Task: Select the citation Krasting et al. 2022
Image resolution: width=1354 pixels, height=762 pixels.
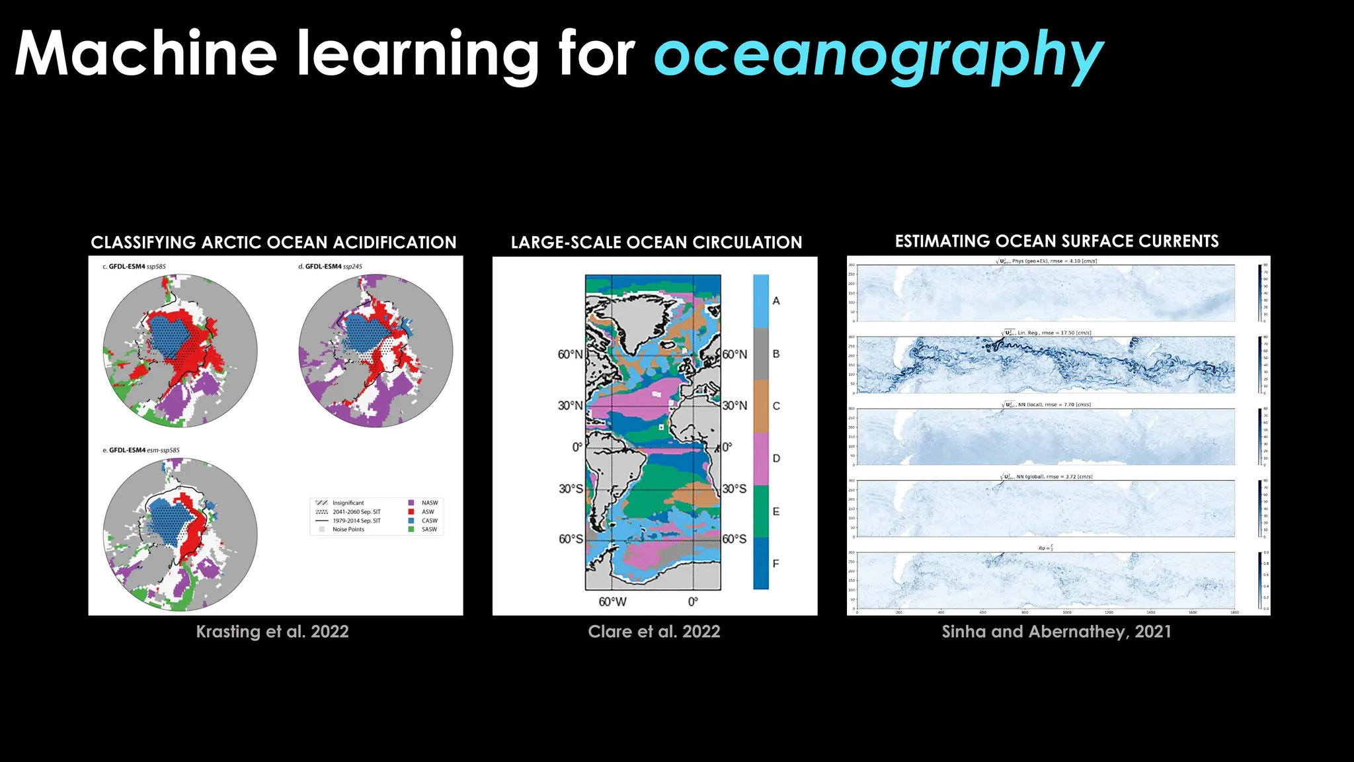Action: tap(272, 632)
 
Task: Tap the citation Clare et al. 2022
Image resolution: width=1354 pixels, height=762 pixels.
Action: tap(654, 632)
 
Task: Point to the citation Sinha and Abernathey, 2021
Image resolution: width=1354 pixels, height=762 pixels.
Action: tap(1056, 632)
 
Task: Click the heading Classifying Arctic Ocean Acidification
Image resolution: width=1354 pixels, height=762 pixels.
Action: tap(274, 243)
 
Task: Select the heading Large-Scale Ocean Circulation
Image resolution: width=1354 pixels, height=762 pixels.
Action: tap(657, 243)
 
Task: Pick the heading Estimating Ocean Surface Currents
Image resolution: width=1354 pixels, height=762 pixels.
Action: tap(1056, 241)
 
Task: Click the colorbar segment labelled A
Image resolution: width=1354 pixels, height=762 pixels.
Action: tap(761, 301)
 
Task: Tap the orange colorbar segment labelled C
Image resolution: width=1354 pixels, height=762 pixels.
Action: tap(761, 406)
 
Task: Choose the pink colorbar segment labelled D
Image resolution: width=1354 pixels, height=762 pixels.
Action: tap(761, 458)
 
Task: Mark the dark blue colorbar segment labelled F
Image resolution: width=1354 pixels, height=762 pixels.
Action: tap(761, 564)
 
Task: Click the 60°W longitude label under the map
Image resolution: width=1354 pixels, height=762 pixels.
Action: tap(612, 602)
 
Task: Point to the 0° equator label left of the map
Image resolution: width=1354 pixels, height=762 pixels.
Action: tap(577, 447)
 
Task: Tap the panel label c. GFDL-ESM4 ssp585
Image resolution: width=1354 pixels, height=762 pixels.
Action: tap(134, 267)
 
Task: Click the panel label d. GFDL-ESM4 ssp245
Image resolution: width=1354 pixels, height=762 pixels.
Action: tap(331, 267)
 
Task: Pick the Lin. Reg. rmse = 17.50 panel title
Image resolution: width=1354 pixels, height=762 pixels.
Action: tap(1047, 333)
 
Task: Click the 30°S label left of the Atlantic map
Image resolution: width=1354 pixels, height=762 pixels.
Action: tap(571, 489)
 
